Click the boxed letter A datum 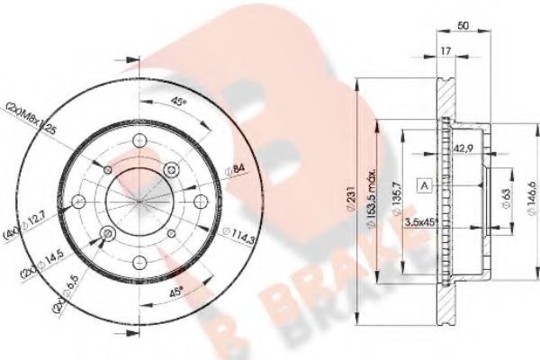[423, 186]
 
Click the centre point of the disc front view [139, 201]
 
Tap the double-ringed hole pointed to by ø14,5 [109, 235]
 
